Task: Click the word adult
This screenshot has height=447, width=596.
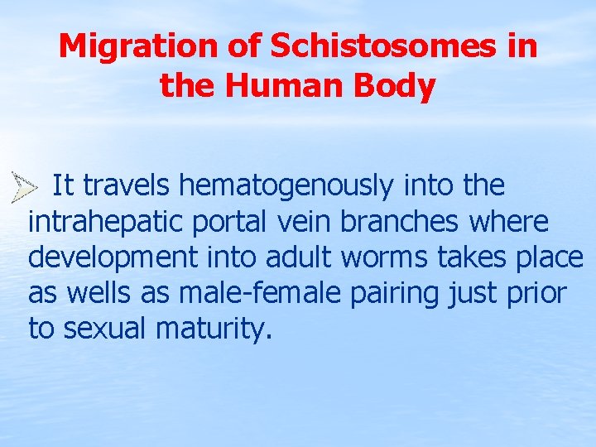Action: (294, 258)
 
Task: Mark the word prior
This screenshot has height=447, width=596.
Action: (538, 294)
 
